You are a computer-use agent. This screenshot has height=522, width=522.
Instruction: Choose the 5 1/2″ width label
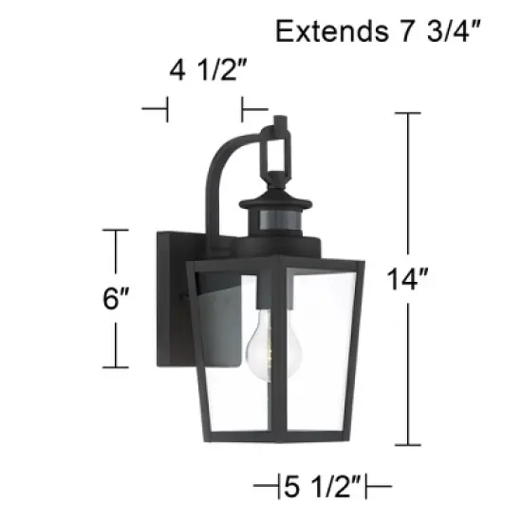point(324,490)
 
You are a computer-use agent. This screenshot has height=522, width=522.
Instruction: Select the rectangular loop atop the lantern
point(279,152)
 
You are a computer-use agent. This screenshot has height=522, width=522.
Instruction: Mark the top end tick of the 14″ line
point(407,113)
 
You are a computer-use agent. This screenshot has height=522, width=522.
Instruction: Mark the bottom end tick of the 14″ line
point(407,445)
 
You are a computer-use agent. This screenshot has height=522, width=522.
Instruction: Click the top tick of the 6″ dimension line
point(116,230)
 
